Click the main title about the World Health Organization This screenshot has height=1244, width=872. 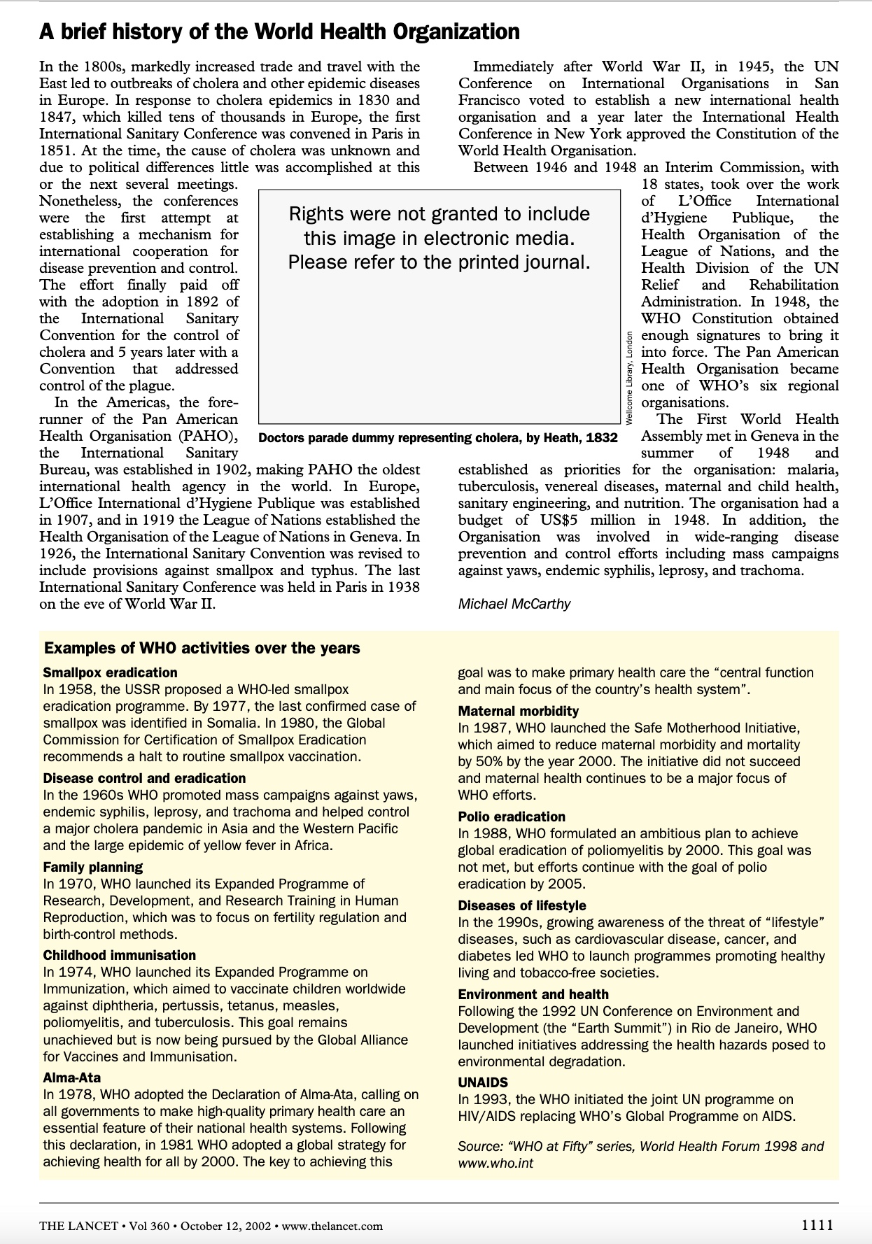tap(279, 31)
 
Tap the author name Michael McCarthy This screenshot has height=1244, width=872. tap(514, 603)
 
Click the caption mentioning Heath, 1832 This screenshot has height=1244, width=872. tap(438, 438)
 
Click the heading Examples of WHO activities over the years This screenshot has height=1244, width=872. tap(202, 648)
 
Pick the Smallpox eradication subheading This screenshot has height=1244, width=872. tap(110, 672)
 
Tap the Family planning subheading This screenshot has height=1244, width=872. tap(92, 867)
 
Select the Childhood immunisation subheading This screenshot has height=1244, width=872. tap(119, 955)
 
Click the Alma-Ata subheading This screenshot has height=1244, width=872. tap(71, 1077)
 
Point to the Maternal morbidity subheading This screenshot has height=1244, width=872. tap(518, 711)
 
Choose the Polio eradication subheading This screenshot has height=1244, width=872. tap(511, 817)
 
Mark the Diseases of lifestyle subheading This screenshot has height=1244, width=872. tap(521, 905)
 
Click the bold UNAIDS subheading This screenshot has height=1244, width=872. tap(483, 1082)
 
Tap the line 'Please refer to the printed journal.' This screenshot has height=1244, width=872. tap(439, 262)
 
